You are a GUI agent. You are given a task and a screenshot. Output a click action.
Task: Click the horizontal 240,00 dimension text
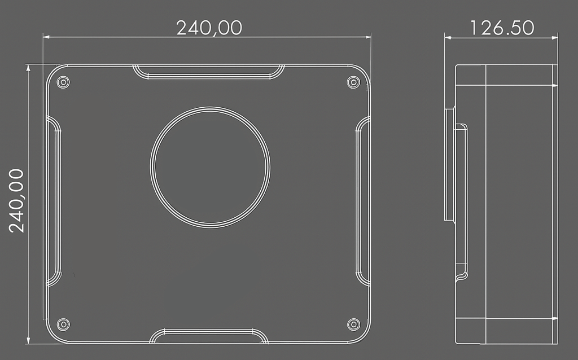(x=209, y=28)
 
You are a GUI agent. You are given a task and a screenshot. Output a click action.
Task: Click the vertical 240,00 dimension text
(x=16, y=201)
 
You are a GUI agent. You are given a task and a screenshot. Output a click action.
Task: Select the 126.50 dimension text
(x=502, y=28)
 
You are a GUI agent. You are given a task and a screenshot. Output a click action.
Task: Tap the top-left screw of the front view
(x=63, y=82)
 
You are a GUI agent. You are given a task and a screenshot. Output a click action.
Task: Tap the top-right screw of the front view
(x=353, y=82)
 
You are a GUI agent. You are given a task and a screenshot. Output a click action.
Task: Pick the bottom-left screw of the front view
(x=63, y=324)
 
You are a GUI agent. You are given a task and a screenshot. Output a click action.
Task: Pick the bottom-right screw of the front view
(x=353, y=324)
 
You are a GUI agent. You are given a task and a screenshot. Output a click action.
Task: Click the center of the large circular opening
(x=210, y=167)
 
